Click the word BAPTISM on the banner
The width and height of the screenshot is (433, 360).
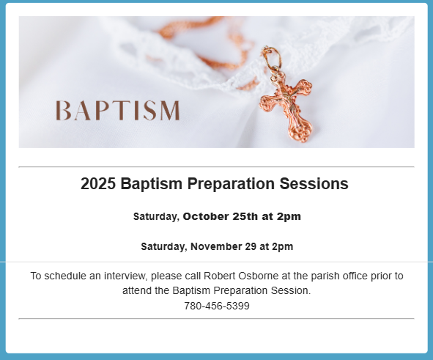click(x=118, y=111)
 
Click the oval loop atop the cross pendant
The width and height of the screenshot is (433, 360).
click(x=272, y=57)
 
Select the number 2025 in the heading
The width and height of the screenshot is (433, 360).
click(x=98, y=183)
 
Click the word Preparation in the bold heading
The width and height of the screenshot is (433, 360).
click(x=231, y=183)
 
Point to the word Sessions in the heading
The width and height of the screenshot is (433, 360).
click(x=314, y=183)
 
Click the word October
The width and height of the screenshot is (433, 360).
click(x=206, y=216)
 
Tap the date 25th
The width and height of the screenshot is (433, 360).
click(x=245, y=216)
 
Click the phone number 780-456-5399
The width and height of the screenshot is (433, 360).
click(x=217, y=306)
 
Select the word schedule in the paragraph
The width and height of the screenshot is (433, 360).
click(x=65, y=276)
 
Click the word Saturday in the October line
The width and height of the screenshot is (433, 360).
click(x=156, y=216)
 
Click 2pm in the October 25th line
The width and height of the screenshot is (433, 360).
click(x=289, y=216)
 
